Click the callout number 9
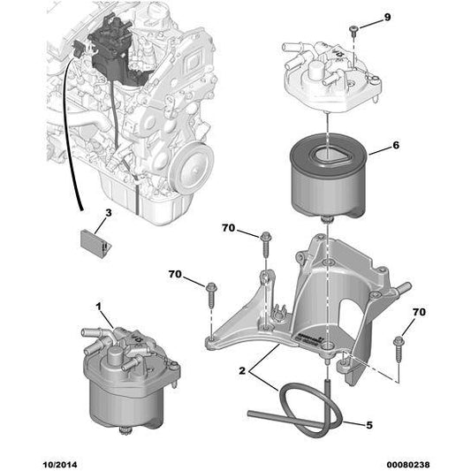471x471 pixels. [x=388, y=18]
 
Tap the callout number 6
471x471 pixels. [x=396, y=146]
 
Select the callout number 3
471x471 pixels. [x=108, y=213]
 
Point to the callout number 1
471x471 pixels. [x=98, y=307]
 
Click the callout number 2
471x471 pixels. [x=242, y=370]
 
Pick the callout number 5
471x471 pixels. [x=369, y=425]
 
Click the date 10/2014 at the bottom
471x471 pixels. [x=60, y=465]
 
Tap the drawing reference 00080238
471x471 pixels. [x=408, y=465]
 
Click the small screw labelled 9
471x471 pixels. [x=353, y=31]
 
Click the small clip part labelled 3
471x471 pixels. [x=95, y=242]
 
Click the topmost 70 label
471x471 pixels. [x=228, y=228]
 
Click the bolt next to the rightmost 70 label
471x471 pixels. [x=399, y=348]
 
